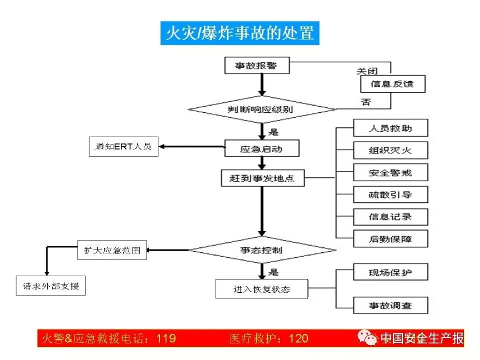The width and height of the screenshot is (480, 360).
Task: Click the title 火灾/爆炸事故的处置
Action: tap(240, 32)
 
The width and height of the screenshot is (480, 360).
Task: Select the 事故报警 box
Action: tap(256, 65)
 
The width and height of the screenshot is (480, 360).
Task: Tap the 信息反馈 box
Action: tap(393, 83)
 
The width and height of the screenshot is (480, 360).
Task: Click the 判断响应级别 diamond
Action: tap(261, 109)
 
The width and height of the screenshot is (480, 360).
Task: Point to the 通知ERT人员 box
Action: tap(123, 147)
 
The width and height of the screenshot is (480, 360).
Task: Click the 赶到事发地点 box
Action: tap(262, 178)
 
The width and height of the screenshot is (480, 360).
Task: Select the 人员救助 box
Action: tap(390, 128)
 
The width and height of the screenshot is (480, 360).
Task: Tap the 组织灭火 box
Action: tap(390, 150)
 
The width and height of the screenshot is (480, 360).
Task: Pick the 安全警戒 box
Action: tap(390, 172)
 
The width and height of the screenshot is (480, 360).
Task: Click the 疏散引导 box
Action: tap(390, 194)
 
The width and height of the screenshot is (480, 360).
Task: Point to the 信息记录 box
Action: tap(390, 217)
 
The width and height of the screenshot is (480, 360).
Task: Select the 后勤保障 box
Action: tap(390, 238)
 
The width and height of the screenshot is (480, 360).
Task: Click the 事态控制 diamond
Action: tap(261, 249)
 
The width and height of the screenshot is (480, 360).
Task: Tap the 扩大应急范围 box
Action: tap(112, 250)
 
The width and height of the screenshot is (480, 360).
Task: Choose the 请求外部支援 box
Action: tap(50, 286)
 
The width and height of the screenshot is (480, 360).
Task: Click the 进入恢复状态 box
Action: tap(261, 289)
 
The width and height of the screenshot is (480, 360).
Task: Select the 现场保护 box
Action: tap(390, 272)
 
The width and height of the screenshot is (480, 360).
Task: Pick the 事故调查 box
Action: tap(390, 305)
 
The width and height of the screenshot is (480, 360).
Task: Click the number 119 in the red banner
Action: tap(166, 338)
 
